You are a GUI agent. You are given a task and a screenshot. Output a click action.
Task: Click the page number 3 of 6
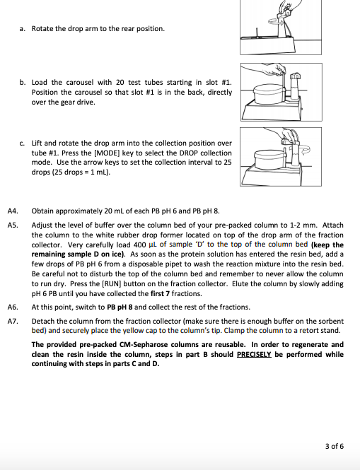click(334, 446)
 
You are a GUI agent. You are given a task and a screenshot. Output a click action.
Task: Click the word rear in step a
click(125, 29)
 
